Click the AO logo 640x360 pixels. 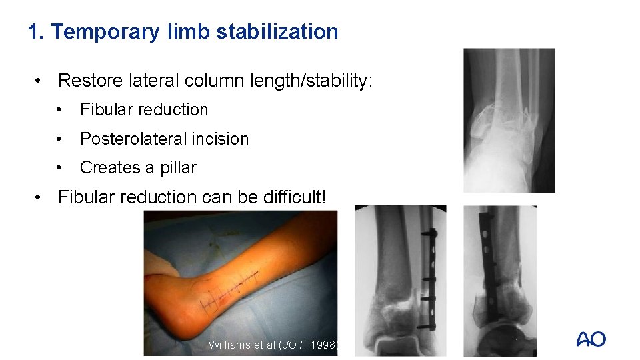click(591, 339)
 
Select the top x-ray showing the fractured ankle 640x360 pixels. click(509, 120)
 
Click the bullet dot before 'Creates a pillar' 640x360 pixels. click(60, 168)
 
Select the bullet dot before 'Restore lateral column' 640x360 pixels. click(41, 81)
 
